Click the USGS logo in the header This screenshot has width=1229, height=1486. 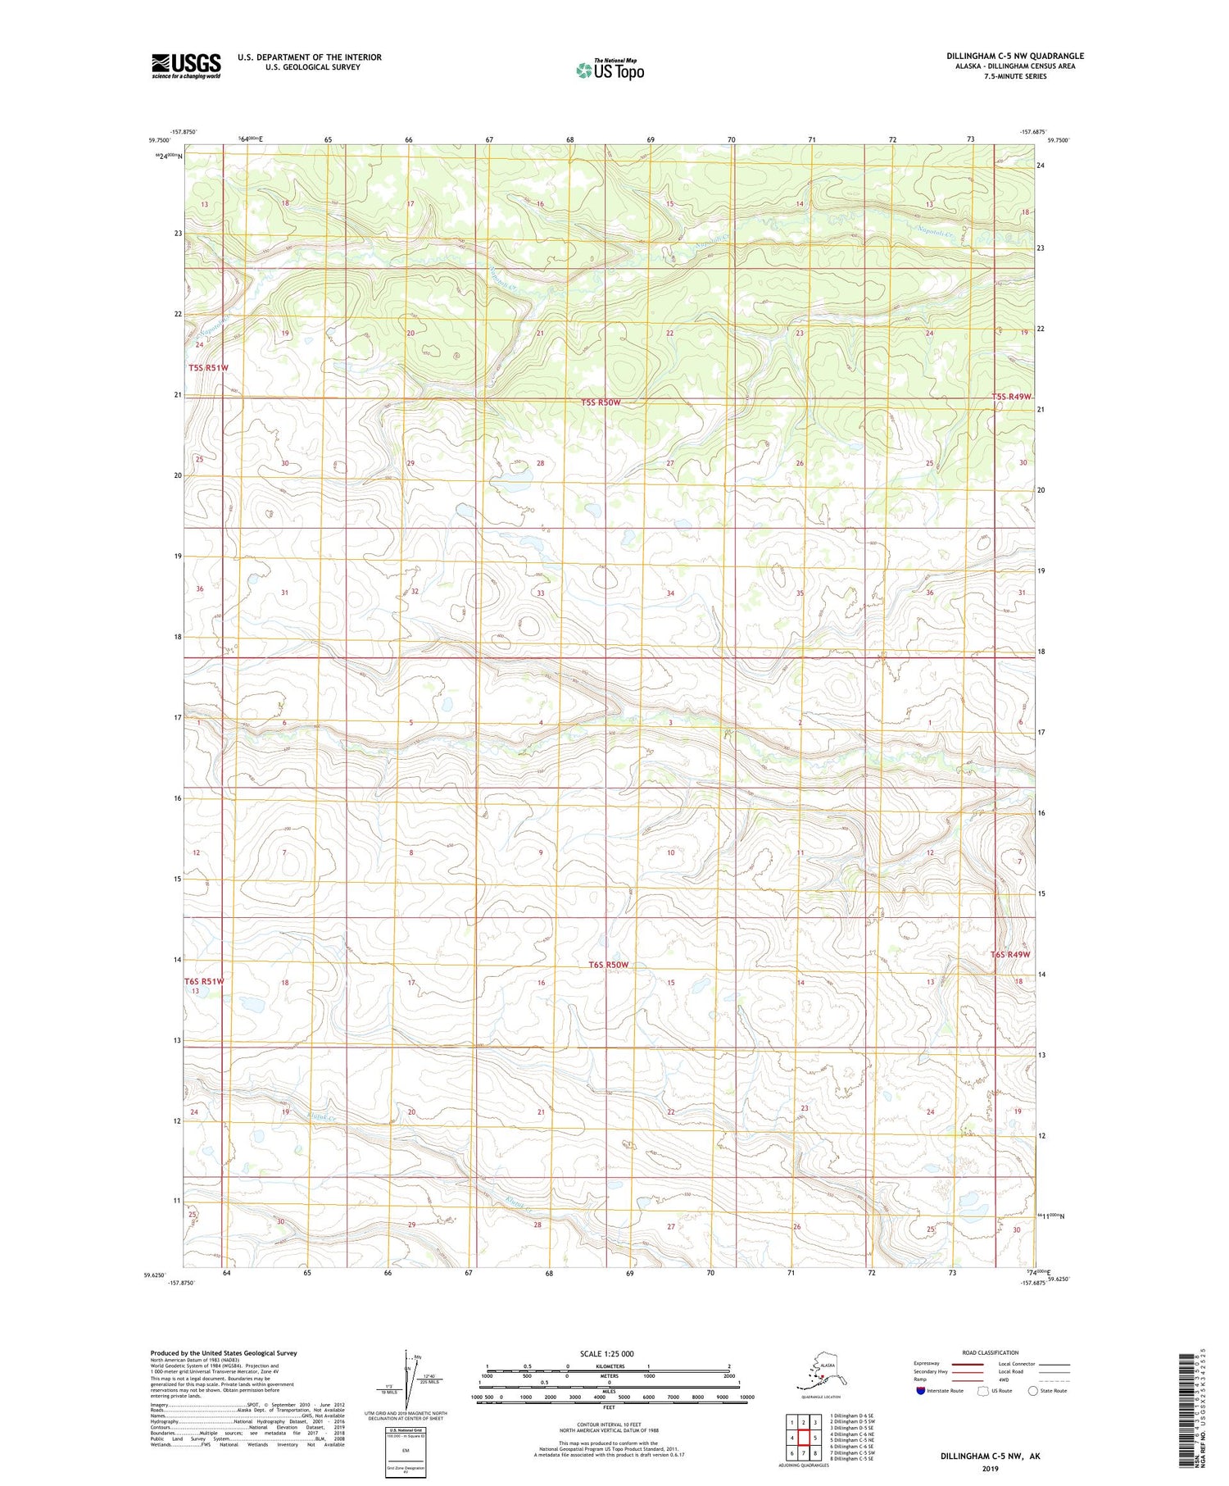pyautogui.click(x=186, y=66)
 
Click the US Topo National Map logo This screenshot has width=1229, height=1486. pyautogui.click(x=610, y=69)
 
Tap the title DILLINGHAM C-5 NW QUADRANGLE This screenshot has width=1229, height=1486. pyautogui.click(x=1014, y=56)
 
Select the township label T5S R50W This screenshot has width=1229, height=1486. pyautogui.click(x=601, y=402)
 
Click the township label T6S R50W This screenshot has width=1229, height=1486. pyautogui.click(x=608, y=965)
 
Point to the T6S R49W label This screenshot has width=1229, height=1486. pyautogui.click(x=1009, y=955)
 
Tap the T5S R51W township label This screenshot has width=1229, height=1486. pyautogui.click(x=208, y=368)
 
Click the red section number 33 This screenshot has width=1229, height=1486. pyautogui.click(x=540, y=593)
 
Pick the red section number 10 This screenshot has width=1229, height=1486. pyautogui.click(x=670, y=853)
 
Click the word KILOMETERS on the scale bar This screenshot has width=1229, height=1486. pyautogui.click(x=609, y=1366)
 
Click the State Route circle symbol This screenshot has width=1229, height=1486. pyautogui.click(x=1033, y=1391)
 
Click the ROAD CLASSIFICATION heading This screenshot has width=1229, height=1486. pyautogui.click(x=990, y=1352)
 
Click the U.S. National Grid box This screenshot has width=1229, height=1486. pyautogui.click(x=405, y=1451)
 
